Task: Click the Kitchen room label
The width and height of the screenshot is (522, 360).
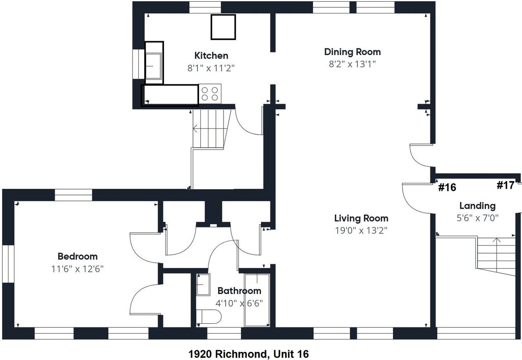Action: pyautogui.click(x=211, y=56)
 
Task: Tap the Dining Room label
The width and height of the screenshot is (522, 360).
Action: pyautogui.click(x=352, y=52)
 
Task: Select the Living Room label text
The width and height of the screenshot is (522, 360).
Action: pyautogui.click(x=361, y=219)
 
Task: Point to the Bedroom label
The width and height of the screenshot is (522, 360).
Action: pyautogui.click(x=77, y=256)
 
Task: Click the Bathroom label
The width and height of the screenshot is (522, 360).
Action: pyautogui.click(x=239, y=291)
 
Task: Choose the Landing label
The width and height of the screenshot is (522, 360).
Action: pyautogui.click(x=478, y=206)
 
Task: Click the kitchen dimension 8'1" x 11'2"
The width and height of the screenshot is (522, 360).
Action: pyautogui.click(x=211, y=68)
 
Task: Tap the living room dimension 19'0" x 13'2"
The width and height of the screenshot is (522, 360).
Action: pyautogui.click(x=361, y=230)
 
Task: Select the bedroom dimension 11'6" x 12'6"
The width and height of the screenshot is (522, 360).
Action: pyautogui.click(x=77, y=269)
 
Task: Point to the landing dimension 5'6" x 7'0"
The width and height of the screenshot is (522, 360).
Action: pyautogui.click(x=478, y=218)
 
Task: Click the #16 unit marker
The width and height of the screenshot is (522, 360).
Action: pyautogui.click(x=447, y=187)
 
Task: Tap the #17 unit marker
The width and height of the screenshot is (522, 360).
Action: pyautogui.click(x=505, y=185)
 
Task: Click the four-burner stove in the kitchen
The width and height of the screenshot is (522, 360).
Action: pyautogui.click(x=210, y=94)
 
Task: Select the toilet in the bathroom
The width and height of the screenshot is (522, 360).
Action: pyautogui.click(x=208, y=316)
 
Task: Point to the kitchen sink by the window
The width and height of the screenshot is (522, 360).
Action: pyautogui.click(x=153, y=66)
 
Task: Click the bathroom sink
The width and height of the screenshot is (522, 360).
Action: pyautogui.click(x=203, y=285)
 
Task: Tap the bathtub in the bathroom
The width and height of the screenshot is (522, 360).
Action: pyautogui.click(x=257, y=300)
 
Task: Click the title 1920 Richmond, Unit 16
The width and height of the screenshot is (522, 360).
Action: pyautogui.click(x=248, y=354)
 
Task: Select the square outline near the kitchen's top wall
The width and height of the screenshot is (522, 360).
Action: pyautogui.click(x=223, y=27)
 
